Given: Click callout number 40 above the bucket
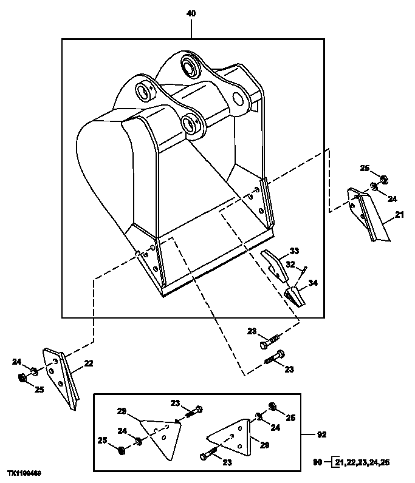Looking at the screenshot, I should (x=192, y=13).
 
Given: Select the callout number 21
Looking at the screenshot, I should (x=399, y=215).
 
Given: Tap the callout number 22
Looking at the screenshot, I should (x=89, y=363).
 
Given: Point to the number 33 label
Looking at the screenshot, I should (x=294, y=251).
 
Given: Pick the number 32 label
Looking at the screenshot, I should (x=290, y=265).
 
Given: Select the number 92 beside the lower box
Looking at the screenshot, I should (x=323, y=434).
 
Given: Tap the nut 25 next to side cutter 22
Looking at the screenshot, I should (x=22, y=379).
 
